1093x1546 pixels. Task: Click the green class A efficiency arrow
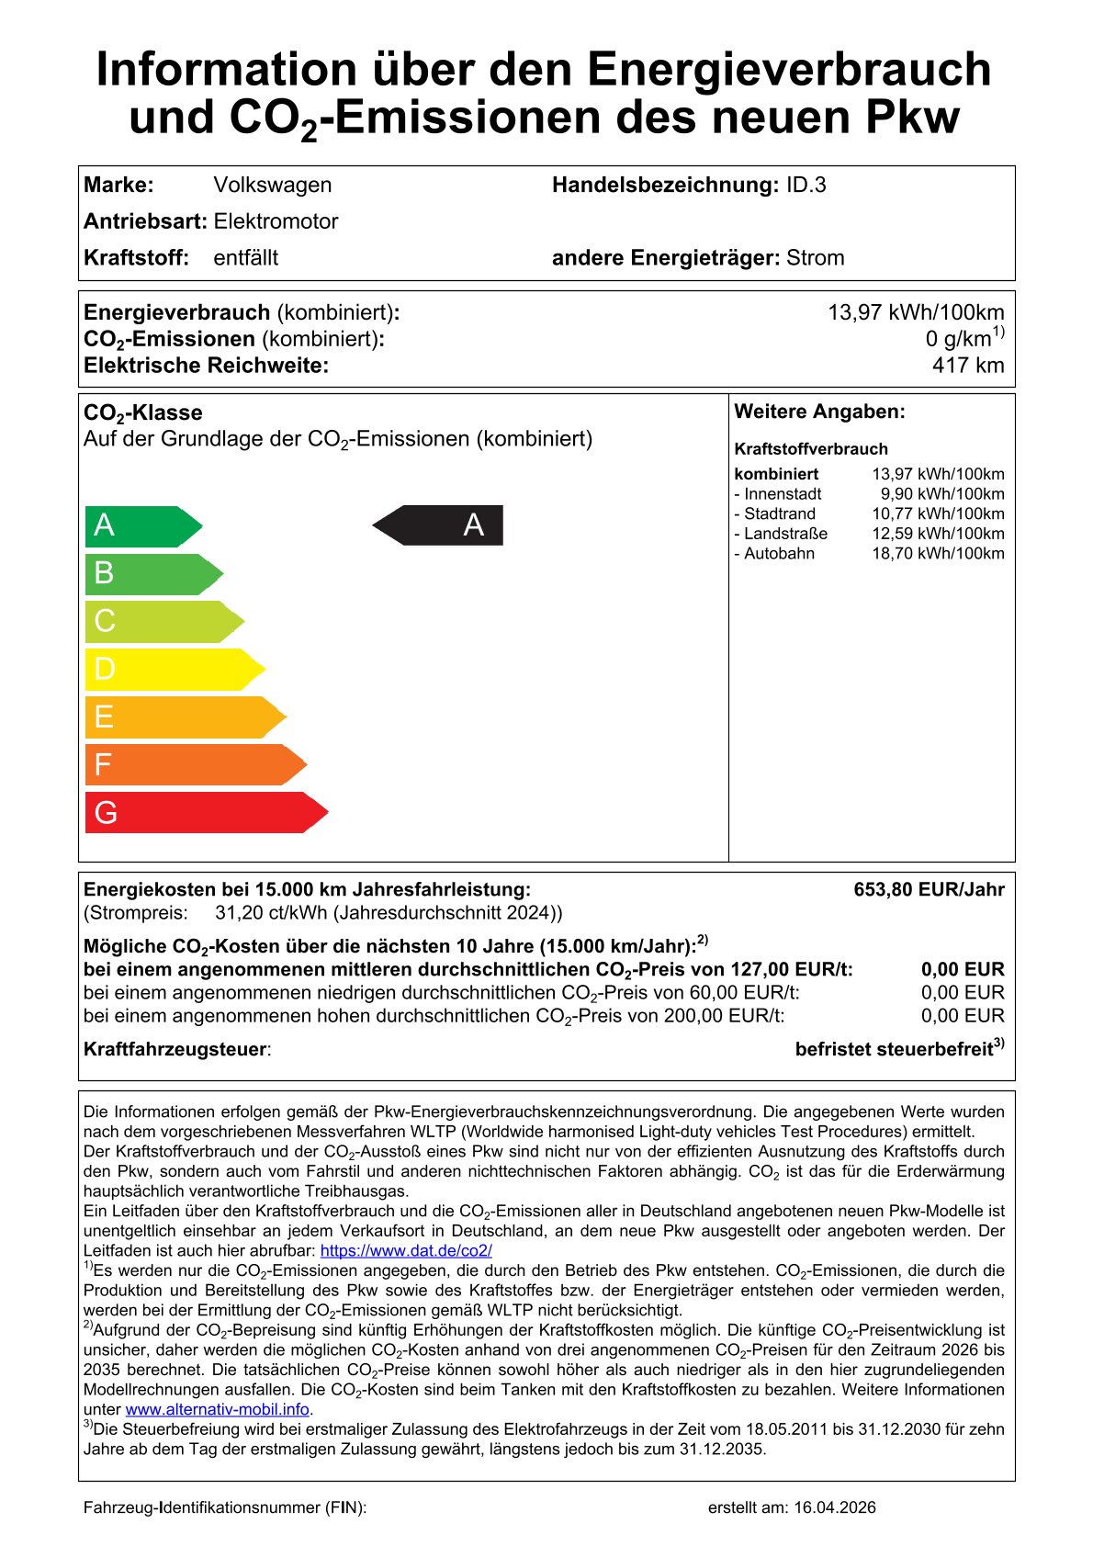pos(142,526)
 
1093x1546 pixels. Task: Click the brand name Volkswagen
pos(273,185)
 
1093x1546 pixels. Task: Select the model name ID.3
pos(806,185)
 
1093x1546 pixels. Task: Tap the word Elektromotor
pos(276,221)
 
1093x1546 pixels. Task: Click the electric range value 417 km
pos(967,366)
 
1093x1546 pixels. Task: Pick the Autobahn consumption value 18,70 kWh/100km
pos(938,553)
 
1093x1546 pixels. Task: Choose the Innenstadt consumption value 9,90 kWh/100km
pos(942,494)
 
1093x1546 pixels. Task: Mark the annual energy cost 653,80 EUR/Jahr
pos(929,889)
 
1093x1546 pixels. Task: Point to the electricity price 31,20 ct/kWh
pos(271,913)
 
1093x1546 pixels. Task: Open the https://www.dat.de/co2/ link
pos(406,1250)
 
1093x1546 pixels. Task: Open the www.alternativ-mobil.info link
pos(217,1409)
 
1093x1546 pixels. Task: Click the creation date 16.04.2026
pos(835,1507)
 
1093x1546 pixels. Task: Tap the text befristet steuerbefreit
pos(894,1049)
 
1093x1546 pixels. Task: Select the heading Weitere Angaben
pos(819,412)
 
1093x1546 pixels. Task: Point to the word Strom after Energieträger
pos(815,258)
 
